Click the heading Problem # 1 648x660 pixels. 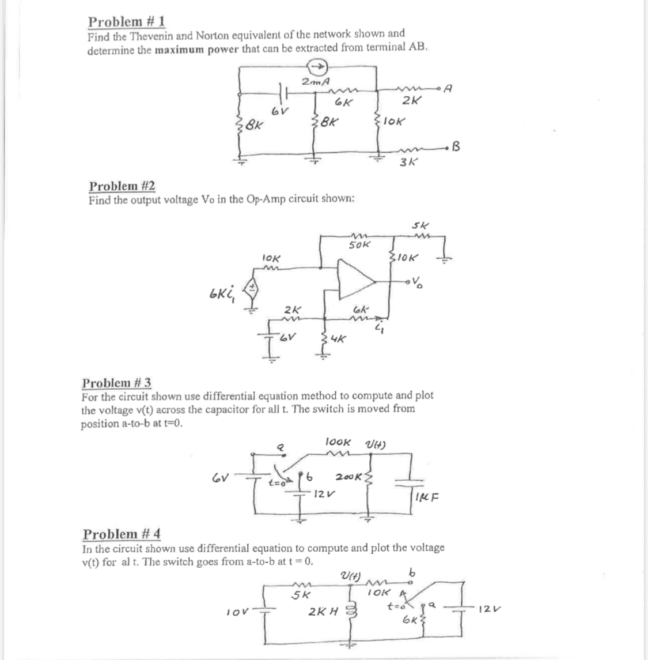pos(126,22)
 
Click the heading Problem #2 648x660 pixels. pos(122,186)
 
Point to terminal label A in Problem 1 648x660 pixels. pos(451,89)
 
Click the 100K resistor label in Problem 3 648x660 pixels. pos(339,443)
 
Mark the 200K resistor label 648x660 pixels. pos(349,477)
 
